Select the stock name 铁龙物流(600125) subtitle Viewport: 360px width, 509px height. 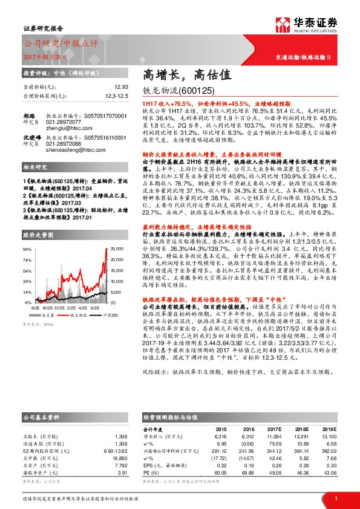[178, 91]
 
